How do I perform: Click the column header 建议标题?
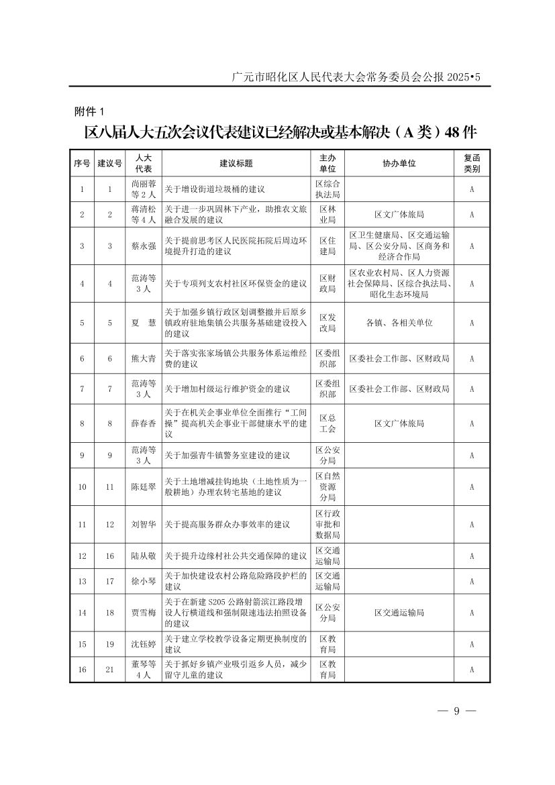(236, 163)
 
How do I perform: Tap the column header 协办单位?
(399, 163)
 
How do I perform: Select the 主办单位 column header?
(327, 163)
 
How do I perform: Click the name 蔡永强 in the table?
(143, 246)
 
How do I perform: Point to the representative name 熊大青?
(143, 359)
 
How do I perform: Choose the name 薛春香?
(143, 423)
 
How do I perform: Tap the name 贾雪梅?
(143, 613)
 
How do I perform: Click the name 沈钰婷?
(143, 644)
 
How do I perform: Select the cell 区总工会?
(327, 423)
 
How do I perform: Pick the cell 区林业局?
(327, 215)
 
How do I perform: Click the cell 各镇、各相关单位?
(399, 323)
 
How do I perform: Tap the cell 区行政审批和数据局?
(327, 524)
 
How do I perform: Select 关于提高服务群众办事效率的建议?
(228, 524)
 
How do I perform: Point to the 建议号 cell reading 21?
(109, 670)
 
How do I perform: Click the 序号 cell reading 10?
(82, 486)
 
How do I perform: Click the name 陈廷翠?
(143, 486)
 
